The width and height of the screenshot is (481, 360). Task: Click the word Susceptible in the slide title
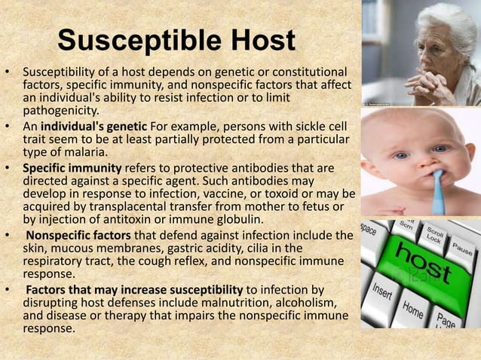tap(133, 43)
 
